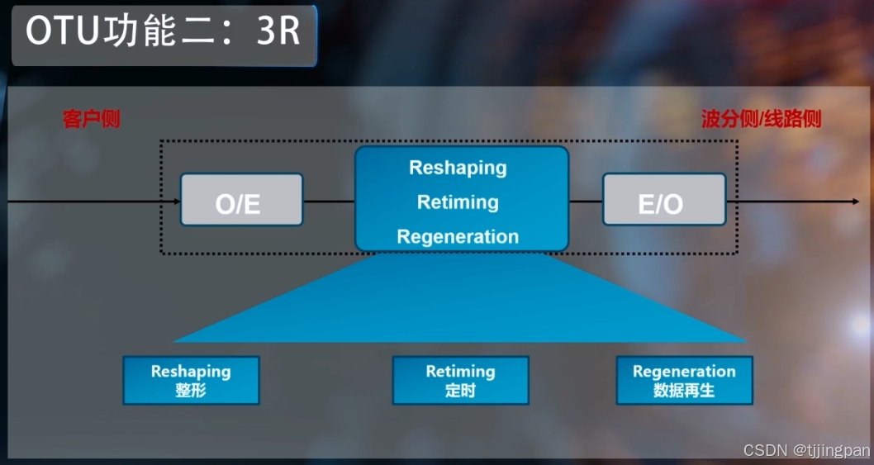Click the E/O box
[663, 199]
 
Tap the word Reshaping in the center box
[458, 168]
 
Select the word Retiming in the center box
[458, 202]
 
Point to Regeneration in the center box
[458, 237]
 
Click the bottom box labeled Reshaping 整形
[191, 381]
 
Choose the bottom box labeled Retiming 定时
[460, 381]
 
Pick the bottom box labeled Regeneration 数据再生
[684, 381]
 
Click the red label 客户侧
[92, 119]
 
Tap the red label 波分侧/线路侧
[761, 119]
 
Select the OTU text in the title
[62, 32]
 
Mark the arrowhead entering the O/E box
[176, 201]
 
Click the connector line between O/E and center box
[329, 201]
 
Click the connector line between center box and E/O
[586, 201]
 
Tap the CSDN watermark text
[806, 450]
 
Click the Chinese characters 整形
[191, 390]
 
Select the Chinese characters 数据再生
[684, 390]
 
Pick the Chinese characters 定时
[460, 390]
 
